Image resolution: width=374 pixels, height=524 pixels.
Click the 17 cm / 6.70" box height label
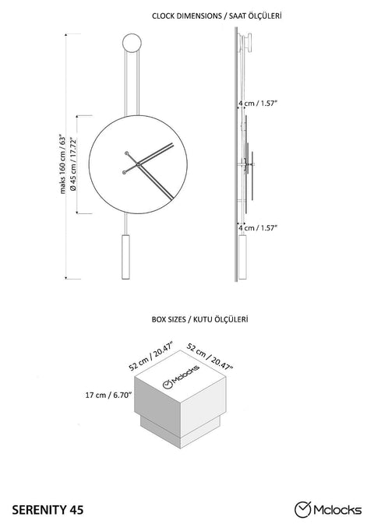pyautogui.click(x=108, y=395)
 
